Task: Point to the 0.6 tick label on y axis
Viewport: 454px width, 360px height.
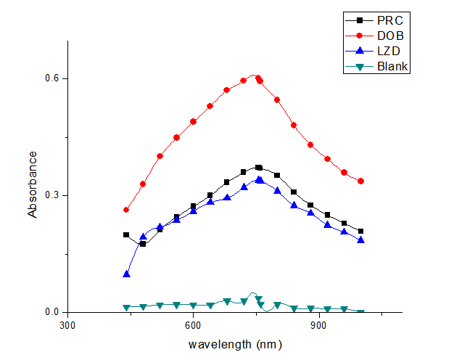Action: coord(51,78)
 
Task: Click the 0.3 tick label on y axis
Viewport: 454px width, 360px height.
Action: coord(51,195)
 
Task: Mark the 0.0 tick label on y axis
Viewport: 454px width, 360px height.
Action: coord(51,312)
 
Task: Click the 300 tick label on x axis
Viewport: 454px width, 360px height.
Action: coord(67,327)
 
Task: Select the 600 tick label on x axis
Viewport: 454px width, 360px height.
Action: coord(193,327)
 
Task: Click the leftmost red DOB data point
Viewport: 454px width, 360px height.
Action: coord(126,210)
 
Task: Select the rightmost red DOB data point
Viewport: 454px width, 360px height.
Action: coord(360,181)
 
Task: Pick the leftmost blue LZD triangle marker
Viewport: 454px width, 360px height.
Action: coord(126,274)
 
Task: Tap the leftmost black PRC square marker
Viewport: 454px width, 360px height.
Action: coord(126,235)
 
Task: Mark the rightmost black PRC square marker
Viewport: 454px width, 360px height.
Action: coord(360,232)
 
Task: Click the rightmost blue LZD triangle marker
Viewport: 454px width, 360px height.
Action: coord(360,240)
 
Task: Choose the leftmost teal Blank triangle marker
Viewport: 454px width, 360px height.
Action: coord(126,308)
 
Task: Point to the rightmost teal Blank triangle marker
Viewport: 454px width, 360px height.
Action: coord(360,312)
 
